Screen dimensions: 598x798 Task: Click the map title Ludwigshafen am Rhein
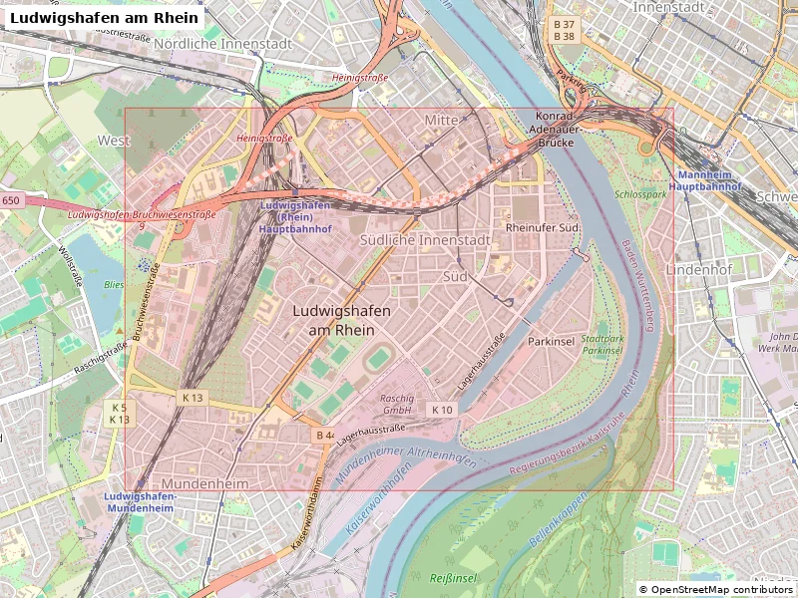pos(103,17)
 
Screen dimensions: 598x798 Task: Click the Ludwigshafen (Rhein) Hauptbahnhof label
pos(295,216)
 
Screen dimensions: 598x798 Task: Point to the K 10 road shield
pos(442,410)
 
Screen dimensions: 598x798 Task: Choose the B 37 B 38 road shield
pos(564,30)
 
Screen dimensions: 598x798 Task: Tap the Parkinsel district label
pos(552,341)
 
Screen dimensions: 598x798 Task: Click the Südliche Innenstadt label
pos(424,240)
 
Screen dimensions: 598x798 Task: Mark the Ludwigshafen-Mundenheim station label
pos(141,501)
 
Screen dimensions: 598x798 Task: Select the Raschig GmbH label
pos(397,404)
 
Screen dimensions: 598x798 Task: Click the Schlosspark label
pos(640,194)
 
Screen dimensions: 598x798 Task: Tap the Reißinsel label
pos(453,578)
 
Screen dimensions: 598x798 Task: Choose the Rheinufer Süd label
pos(543,227)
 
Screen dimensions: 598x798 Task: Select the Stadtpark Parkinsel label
pos(602,345)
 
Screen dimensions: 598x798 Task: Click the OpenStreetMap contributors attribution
pos(716,589)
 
